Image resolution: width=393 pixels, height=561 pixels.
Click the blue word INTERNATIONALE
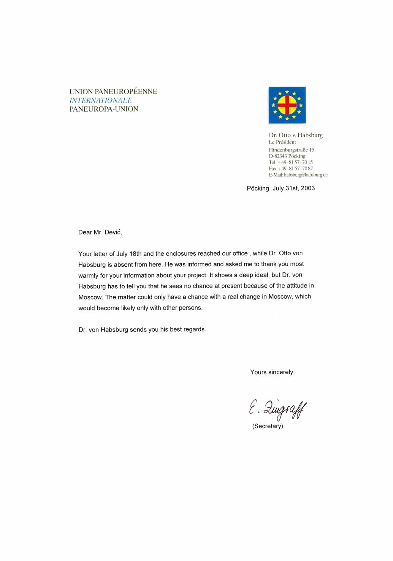[x=101, y=100]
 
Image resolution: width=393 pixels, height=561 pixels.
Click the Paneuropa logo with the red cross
[x=287, y=105]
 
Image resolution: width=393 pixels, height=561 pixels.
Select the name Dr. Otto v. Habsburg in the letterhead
[x=296, y=135]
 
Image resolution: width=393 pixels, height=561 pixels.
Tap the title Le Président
[x=282, y=142]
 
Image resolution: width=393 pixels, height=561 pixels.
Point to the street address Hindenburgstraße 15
[x=291, y=150]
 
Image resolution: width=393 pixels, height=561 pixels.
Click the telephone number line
[x=291, y=162]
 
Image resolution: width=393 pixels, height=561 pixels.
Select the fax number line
[x=291, y=168]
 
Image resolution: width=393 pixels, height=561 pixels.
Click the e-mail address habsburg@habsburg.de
[x=306, y=175]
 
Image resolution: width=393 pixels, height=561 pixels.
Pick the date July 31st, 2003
[x=293, y=188]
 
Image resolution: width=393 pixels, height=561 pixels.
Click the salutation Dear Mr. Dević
[x=100, y=232]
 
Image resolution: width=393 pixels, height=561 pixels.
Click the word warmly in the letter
[x=88, y=275]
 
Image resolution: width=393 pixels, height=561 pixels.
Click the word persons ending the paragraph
[x=190, y=308]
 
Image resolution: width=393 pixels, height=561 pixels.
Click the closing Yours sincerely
[x=271, y=372]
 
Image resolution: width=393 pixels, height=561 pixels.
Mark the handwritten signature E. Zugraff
[x=278, y=409]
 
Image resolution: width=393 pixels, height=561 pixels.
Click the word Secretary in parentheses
[x=268, y=426]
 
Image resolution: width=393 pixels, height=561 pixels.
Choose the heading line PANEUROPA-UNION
[x=104, y=109]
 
